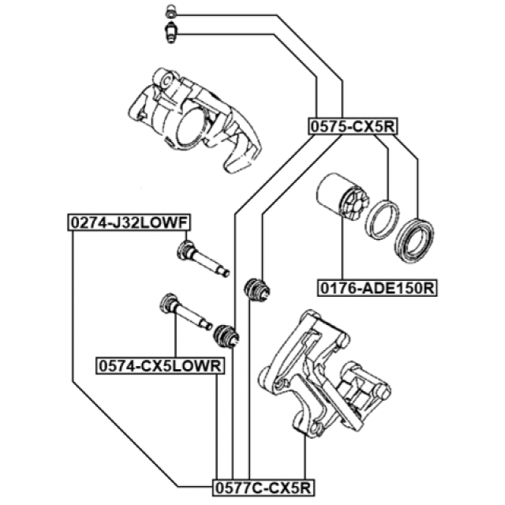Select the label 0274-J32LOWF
[x=129, y=222]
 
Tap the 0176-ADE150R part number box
[x=377, y=288]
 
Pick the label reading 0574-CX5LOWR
[x=160, y=366]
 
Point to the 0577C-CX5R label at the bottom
[x=263, y=487]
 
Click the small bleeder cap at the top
[x=170, y=11]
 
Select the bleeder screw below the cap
[x=171, y=33]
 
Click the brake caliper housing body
[x=195, y=119]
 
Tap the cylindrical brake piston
[x=342, y=197]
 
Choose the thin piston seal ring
[x=382, y=220]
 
